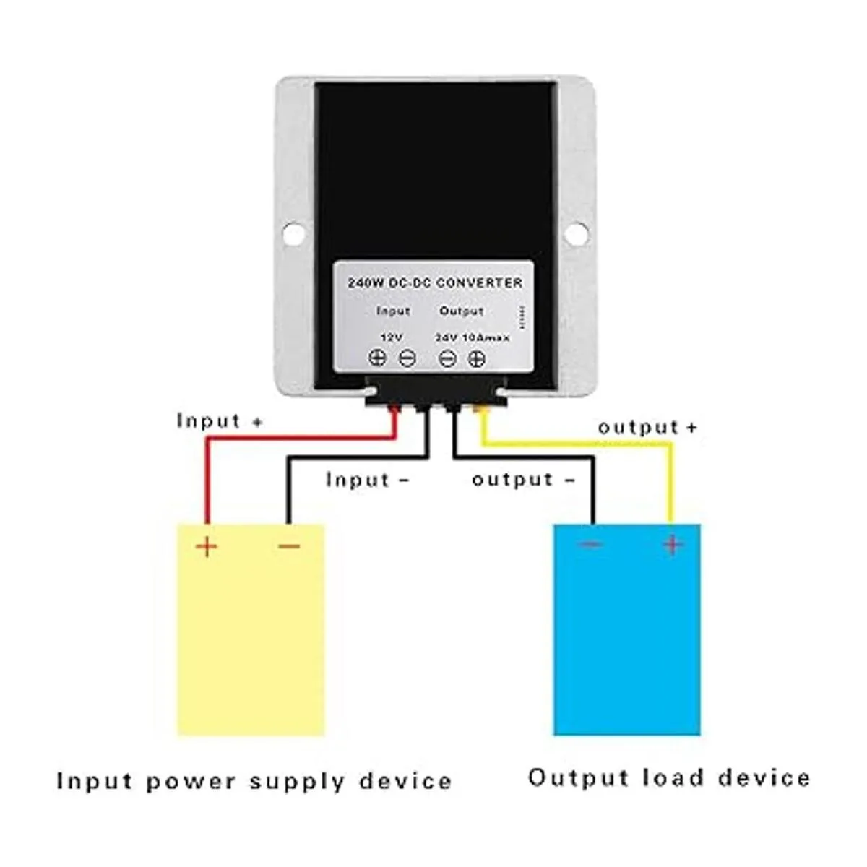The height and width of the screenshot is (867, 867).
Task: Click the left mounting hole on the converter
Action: tap(293, 234)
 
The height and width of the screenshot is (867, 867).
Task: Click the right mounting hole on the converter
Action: tap(576, 233)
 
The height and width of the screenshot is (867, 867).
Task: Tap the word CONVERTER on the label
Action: tap(479, 282)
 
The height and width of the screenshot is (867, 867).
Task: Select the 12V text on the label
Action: tap(392, 337)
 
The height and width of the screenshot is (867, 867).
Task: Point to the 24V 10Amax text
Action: tap(473, 337)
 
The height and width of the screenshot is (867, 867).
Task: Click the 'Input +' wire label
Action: tap(220, 420)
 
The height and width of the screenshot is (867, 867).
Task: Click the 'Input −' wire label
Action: tap(367, 480)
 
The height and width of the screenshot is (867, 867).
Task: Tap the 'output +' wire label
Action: tap(647, 427)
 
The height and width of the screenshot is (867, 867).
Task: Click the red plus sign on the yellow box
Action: tap(207, 545)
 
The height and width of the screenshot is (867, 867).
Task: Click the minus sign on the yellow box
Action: tap(289, 546)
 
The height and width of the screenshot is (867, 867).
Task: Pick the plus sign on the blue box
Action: tap(673, 544)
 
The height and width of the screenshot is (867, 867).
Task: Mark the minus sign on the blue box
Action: tap(591, 544)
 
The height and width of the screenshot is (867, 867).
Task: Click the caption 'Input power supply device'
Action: tap(254, 781)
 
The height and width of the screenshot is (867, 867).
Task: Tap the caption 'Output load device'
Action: tap(669, 778)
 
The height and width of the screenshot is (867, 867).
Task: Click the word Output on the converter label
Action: tap(461, 311)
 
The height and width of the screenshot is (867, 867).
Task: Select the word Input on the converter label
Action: tap(393, 311)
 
